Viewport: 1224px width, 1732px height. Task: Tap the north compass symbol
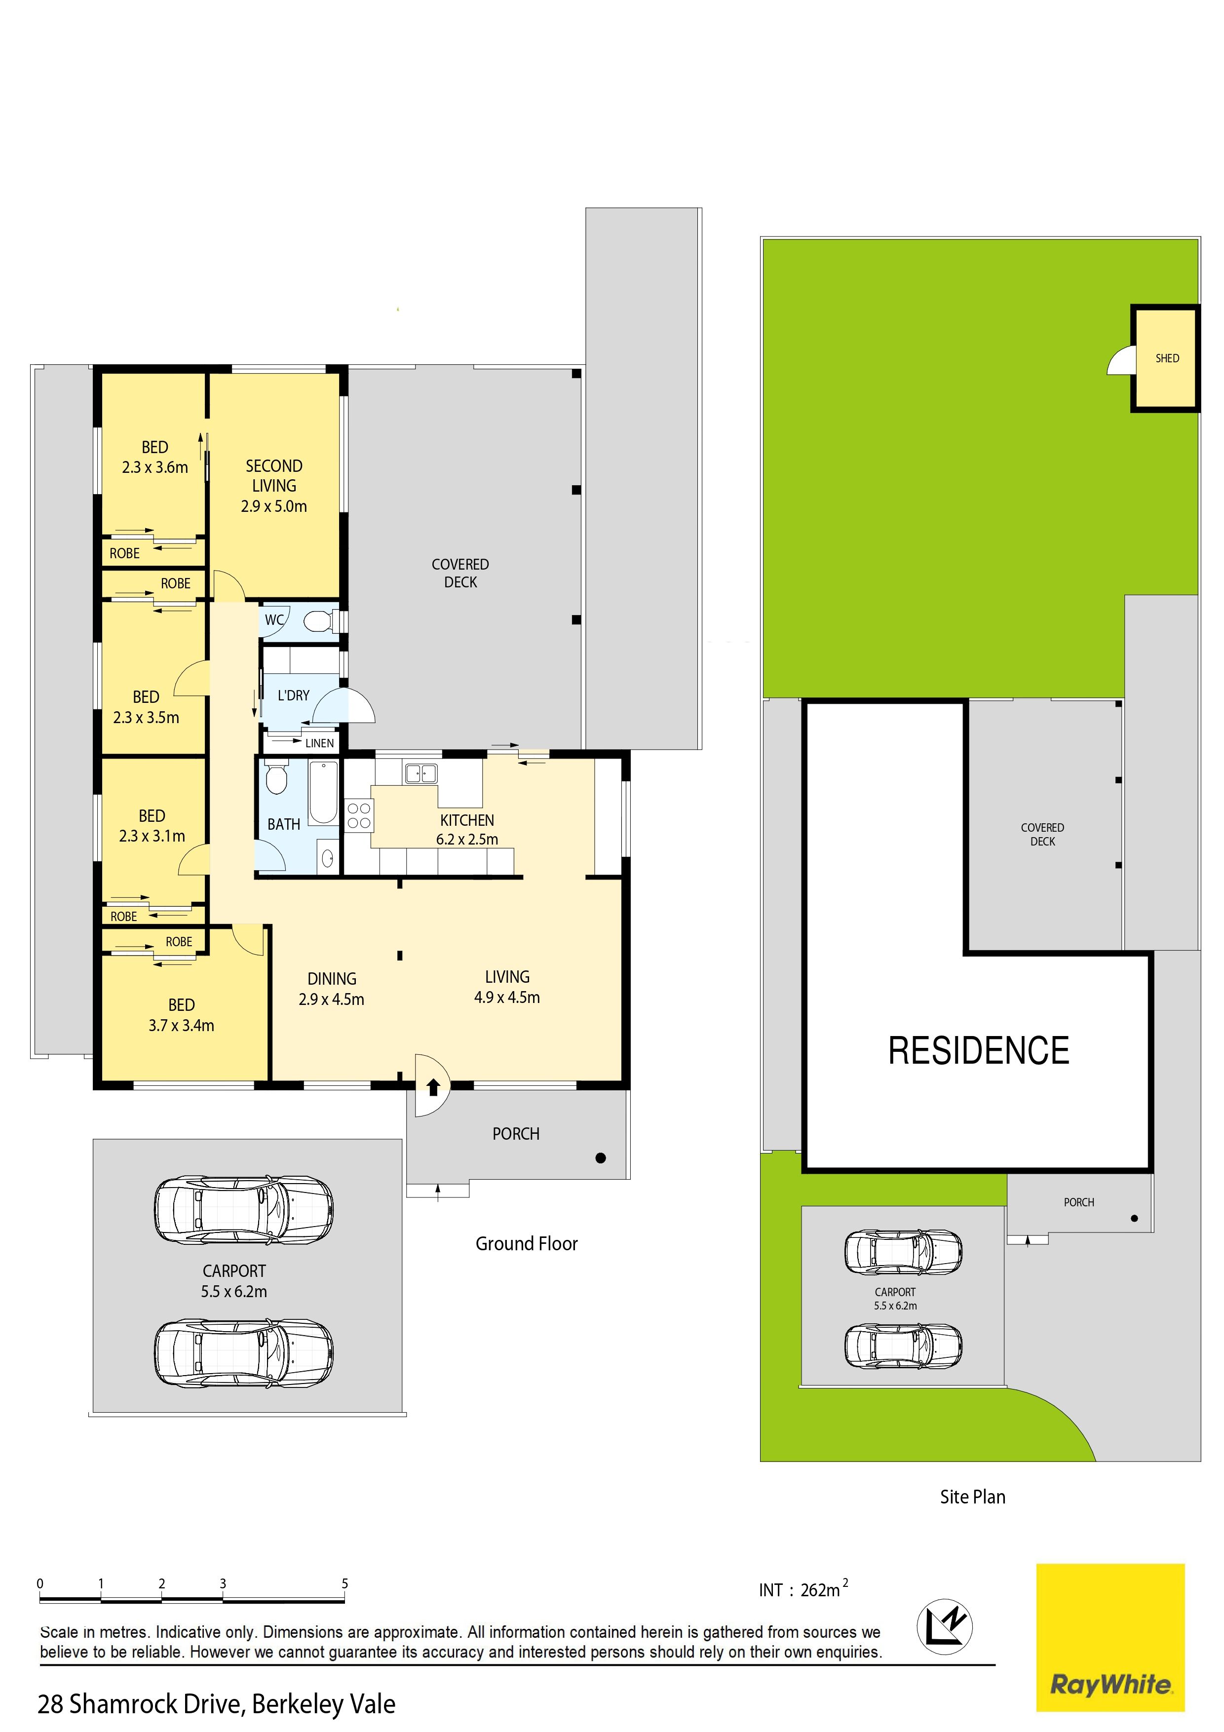click(x=944, y=1626)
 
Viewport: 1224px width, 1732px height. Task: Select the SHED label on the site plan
click(x=1167, y=358)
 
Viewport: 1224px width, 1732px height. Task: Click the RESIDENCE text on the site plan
click(x=978, y=1051)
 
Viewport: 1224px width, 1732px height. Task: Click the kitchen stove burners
click(x=359, y=815)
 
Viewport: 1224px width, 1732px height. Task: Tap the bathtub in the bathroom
click(x=324, y=792)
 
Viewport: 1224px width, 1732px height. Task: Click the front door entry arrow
click(x=434, y=1087)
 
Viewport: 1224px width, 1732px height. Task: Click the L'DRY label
click(x=293, y=695)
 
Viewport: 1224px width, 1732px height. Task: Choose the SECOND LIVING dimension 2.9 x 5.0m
click(x=274, y=506)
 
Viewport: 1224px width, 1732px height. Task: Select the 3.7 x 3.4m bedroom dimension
click(x=181, y=1025)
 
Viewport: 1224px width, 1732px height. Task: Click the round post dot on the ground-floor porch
click(x=601, y=1158)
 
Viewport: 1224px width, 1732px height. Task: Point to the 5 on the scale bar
click(x=344, y=1583)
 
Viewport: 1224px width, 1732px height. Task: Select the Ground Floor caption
click(x=527, y=1244)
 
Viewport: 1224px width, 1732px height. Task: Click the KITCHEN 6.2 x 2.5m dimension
click(x=467, y=839)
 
